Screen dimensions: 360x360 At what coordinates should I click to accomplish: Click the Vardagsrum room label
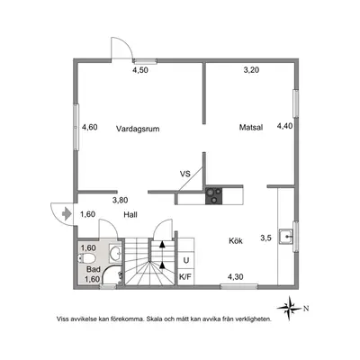(x=138, y=129)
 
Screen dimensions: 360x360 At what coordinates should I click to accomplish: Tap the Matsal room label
(x=251, y=127)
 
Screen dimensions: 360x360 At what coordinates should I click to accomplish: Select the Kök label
(x=236, y=240)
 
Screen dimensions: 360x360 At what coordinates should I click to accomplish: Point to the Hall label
(x=130, y=214)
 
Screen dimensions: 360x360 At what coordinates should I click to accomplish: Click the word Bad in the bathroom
(x=94, y=269)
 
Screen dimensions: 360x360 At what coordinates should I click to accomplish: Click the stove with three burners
(x=214, y=196)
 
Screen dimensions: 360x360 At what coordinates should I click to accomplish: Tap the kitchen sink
(x=286, y=237)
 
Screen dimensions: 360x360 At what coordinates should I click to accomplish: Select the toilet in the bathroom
(x=86, y=258)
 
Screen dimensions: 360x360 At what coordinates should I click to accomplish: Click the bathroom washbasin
(x=115, y=254)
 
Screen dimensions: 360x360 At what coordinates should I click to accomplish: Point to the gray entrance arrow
(x=67, y=214)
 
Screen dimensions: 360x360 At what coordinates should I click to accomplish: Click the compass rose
(x=289, y=308)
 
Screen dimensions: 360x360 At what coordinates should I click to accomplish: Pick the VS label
(x=185, y=174)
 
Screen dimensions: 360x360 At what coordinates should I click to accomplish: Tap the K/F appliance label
(x=185, y=276)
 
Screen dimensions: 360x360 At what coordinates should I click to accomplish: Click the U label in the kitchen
(x=186, y=260)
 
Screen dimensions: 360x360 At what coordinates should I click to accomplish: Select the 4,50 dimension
(x=140, y=70)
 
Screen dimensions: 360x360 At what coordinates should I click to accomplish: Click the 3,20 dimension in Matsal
(x=251, y=70)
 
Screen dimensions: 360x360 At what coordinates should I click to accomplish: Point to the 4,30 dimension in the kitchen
(x=236, y=277)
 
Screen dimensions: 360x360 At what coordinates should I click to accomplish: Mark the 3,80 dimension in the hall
(x=121, y=200)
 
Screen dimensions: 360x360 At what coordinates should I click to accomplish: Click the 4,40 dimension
(x=284, y=126)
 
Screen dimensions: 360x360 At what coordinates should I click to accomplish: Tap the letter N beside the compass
(x=306, y=308)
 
